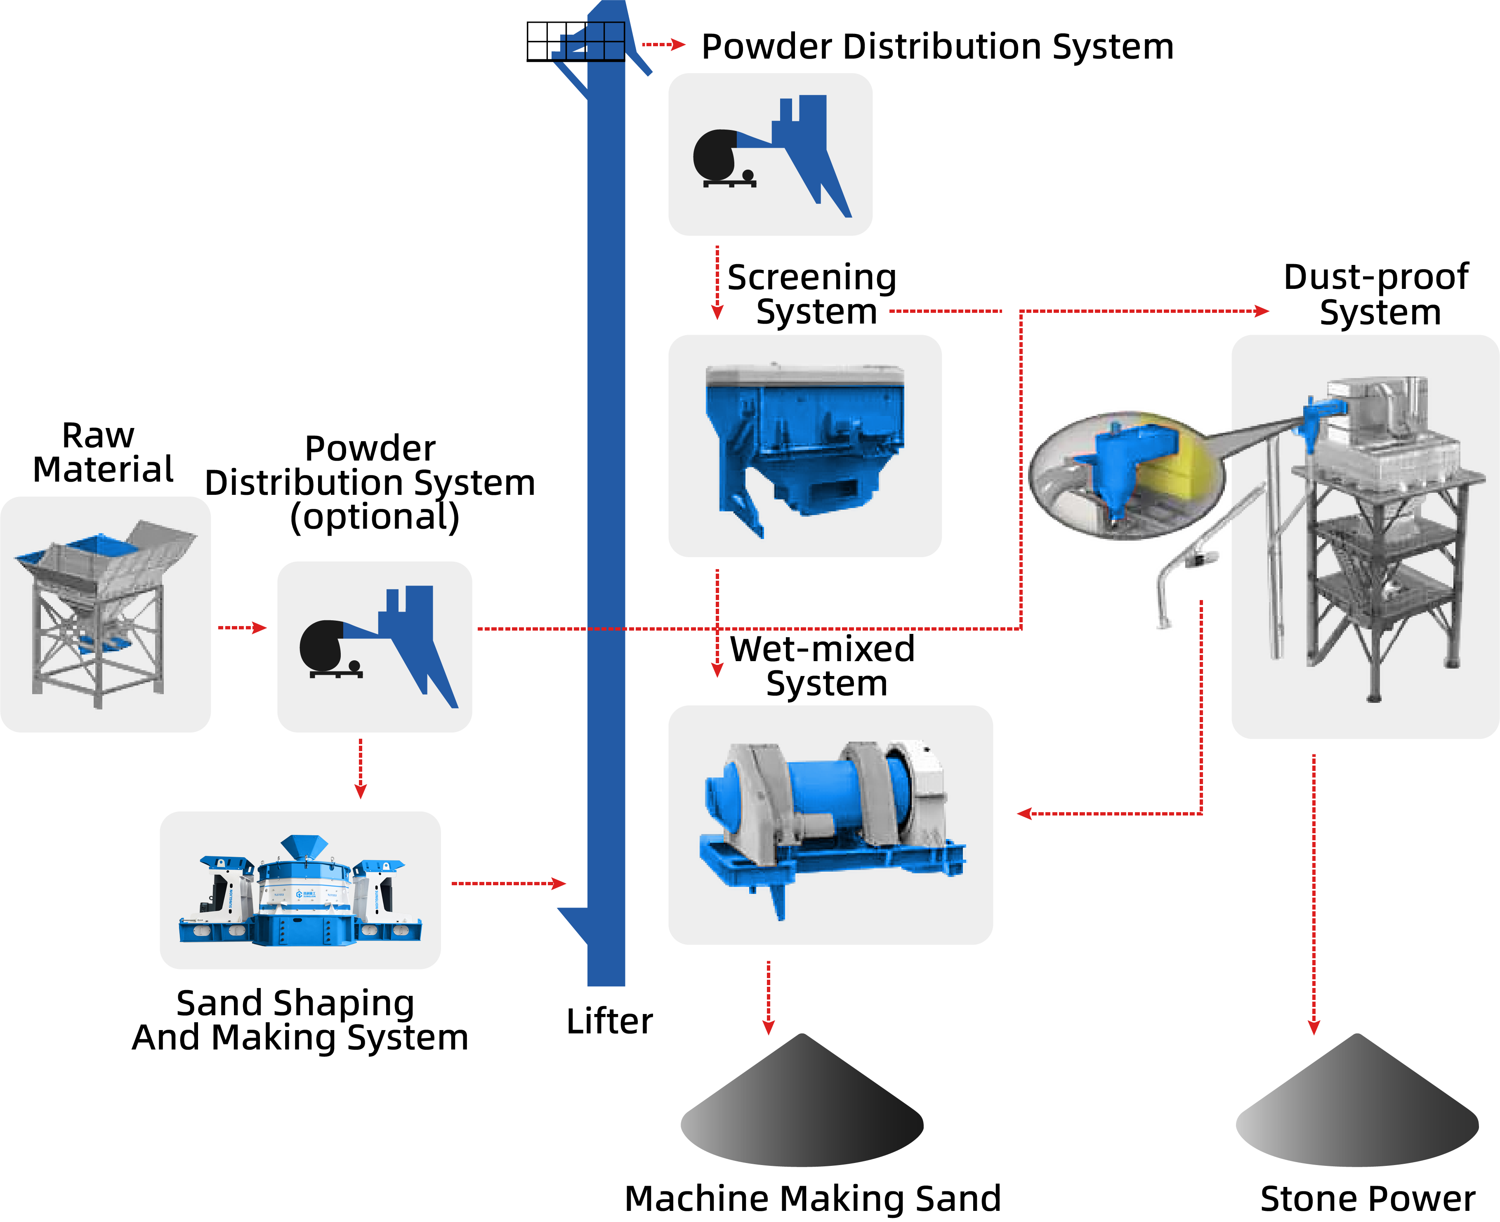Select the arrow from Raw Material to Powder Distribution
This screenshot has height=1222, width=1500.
click(x=242, y=627)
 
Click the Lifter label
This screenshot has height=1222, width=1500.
click(x=609, y=1021)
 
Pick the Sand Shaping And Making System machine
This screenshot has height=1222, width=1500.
click(x=300, y=891)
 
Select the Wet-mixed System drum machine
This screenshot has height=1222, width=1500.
click(x=830, y=824)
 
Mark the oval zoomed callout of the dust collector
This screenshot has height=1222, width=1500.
click(x=1126, y=475)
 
